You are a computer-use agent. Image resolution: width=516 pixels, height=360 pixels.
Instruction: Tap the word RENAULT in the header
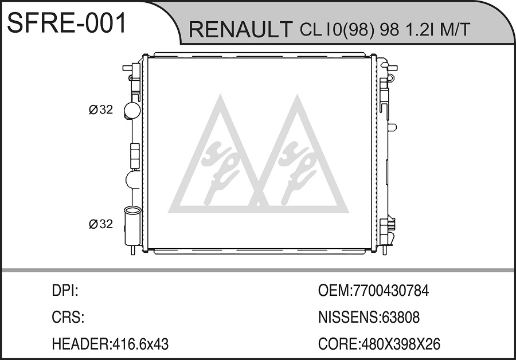coord(240,29)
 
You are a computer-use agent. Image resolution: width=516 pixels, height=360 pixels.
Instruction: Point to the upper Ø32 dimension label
coord(101,109)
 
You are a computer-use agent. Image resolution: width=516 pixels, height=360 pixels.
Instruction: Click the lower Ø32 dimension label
coord(101,224)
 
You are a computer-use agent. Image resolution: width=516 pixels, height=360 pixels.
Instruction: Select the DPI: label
coord(65,291)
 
